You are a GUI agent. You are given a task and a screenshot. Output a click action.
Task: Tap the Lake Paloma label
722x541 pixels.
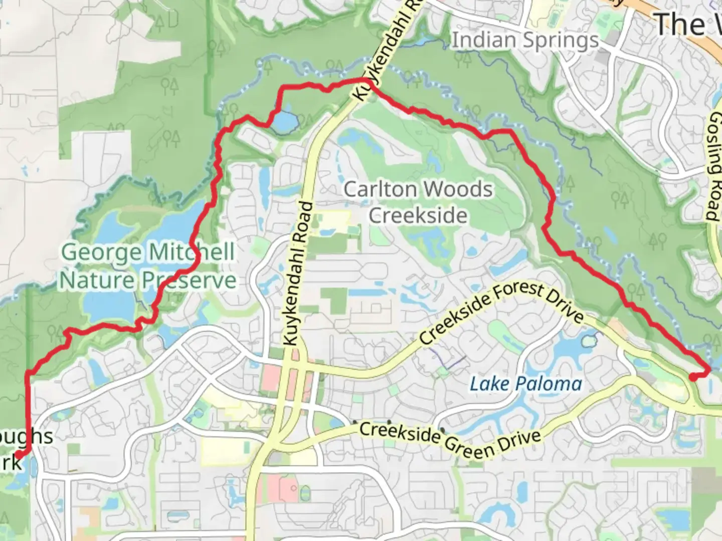click(525, 384)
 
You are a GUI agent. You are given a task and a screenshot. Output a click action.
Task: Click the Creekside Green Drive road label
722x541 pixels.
click(450, 440)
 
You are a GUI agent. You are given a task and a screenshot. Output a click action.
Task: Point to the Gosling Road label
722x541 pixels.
click(714, 165)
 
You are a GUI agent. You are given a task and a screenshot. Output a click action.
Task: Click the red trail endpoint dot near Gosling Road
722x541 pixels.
click(692, 378)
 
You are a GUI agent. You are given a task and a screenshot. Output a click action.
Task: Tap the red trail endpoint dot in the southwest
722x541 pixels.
click(19, 454)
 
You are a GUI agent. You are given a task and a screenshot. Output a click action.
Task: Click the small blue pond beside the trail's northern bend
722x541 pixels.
click(284, 121)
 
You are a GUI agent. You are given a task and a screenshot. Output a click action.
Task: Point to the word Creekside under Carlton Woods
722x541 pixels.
click(418, 215)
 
